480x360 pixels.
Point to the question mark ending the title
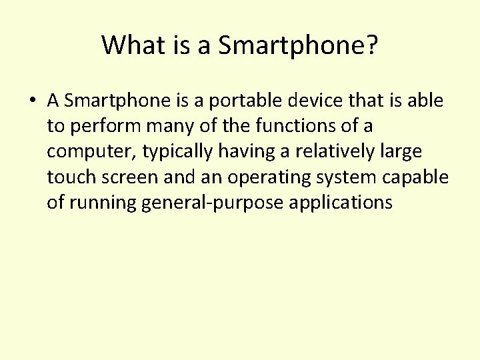pos(371,45)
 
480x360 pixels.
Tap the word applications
pos(341,202)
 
